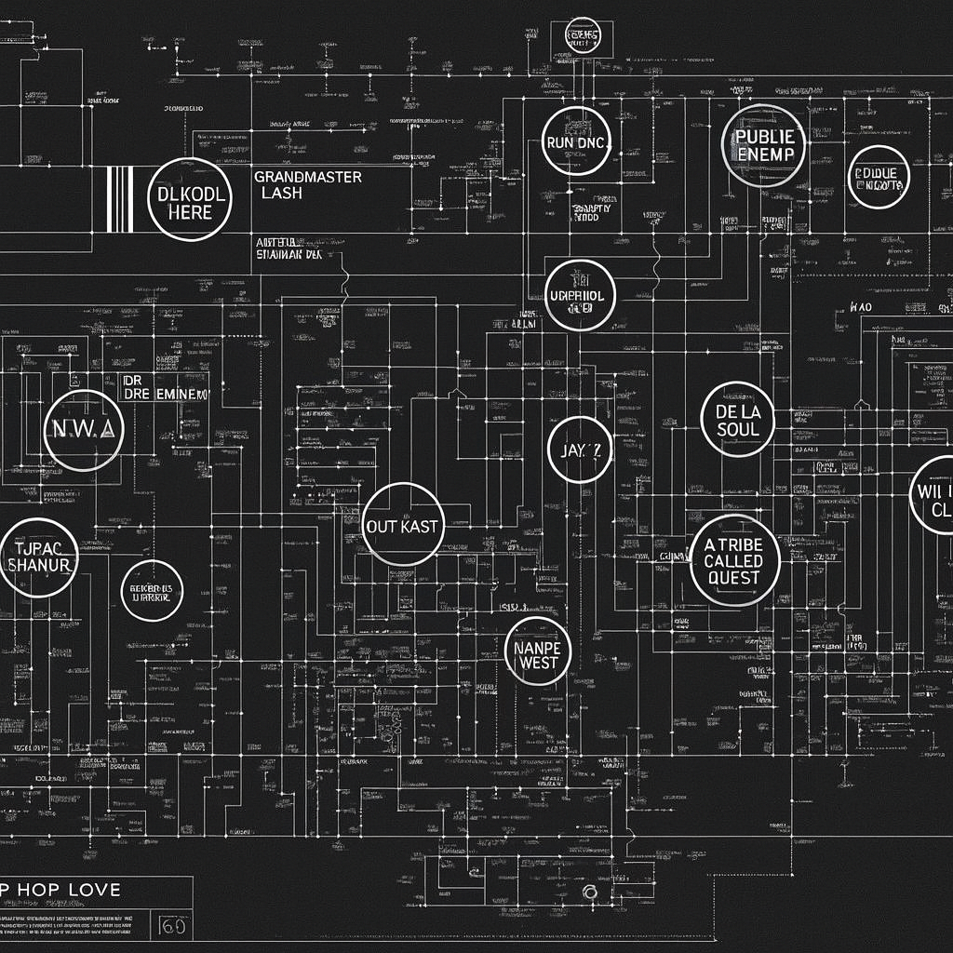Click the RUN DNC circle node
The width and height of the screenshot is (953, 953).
[x=576, y=141]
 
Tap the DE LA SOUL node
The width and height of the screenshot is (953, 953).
[x=738, y=420]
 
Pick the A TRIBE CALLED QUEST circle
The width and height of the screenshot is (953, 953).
[x=735, y=560]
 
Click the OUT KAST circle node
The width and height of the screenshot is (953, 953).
[x=402, y=525]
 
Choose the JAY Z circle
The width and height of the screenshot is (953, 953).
[x=580, y=450]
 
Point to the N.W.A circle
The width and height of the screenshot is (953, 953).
[x=83, y=430]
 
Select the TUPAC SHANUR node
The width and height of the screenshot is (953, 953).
[x=38, y=557]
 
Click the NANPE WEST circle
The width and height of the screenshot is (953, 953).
[x=537, y=651]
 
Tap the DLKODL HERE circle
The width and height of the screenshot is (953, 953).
[x=190, y=200]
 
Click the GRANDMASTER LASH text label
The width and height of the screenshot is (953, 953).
[x=307, y=184]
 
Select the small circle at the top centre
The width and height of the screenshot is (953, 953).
[x=583, y=36]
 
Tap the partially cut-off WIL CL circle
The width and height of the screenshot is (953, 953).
[x=934, y=495]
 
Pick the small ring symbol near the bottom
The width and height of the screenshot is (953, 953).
[x=588, y=893]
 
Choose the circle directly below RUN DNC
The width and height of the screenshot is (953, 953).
[x=579, y=296]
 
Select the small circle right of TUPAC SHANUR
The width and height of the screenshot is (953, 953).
[x=152, y=590]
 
